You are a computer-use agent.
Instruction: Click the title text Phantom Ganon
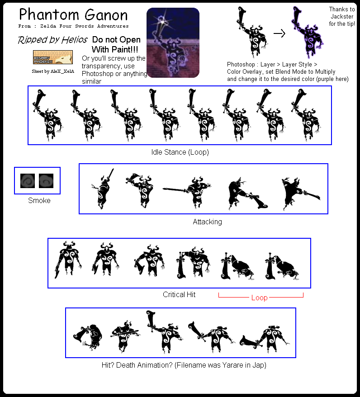73,14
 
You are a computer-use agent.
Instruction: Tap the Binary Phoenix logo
53,57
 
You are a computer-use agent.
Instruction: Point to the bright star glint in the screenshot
161,19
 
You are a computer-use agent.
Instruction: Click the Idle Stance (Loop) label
180,152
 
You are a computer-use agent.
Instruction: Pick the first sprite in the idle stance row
46,116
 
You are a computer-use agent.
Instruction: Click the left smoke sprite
28,181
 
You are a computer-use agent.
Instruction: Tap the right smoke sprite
46,181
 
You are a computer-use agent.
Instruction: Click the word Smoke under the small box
39,200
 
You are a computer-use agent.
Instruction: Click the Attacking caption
207,222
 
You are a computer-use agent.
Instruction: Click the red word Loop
259,298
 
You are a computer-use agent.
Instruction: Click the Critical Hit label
179,294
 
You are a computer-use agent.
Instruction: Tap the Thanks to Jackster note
342,16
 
